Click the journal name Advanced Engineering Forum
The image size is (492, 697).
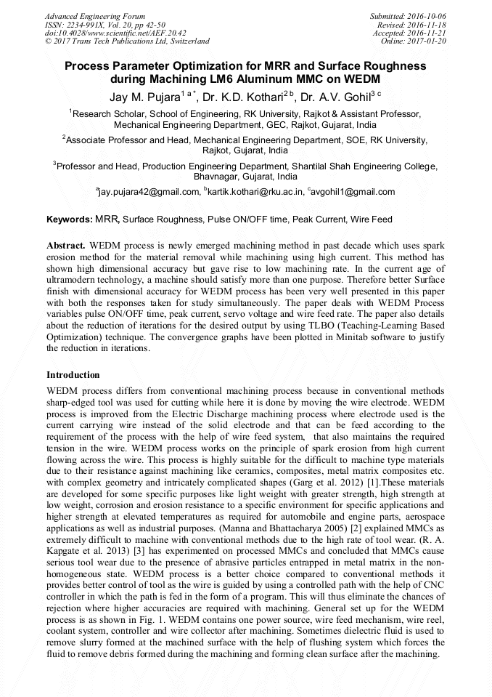[x=94, y=16]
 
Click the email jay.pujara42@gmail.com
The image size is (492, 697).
[x=149, y=192]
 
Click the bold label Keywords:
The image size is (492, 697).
[x=70, y=219]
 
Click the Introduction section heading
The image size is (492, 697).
[x=73, y=375]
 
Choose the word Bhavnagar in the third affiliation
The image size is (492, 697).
[x=216, y=177]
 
